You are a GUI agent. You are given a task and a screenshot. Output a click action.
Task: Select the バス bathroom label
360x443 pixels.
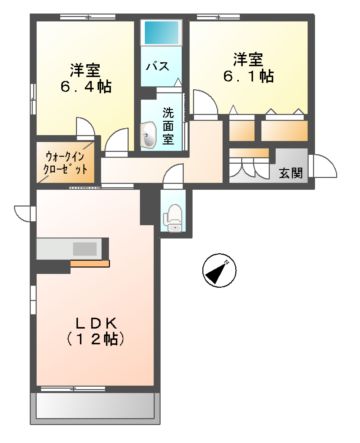[x=158, y=66]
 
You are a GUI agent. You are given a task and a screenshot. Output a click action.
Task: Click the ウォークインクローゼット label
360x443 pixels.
[x=68, y=163]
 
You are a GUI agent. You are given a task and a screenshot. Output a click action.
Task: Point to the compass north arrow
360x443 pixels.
[x=219, y=269]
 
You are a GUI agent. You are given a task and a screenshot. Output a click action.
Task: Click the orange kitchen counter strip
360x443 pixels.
[x=90, y=262]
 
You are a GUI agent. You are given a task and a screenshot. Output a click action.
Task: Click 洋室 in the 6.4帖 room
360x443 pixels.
[x=85, y=70]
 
